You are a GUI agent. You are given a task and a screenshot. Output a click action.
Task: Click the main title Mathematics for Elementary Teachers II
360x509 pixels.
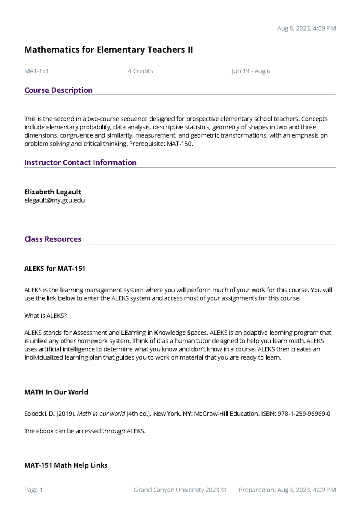[x=108, y=50]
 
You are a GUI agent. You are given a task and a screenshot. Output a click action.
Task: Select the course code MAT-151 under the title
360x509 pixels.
[x=36, y=71]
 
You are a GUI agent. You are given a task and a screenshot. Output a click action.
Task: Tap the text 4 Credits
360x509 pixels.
[x=140, y=71]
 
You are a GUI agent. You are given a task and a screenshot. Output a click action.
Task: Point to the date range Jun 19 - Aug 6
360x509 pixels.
[x=251, y=71]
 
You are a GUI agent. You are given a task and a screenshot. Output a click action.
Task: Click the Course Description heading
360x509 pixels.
[x=58, y=90]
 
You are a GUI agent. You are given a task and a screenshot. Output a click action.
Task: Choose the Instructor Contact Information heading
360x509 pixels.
[x=80, y=163]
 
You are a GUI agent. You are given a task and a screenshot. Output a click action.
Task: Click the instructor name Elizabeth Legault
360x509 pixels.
[x=52, y=192]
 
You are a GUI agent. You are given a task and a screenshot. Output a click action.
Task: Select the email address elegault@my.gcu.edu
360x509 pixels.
[x=54, y=200]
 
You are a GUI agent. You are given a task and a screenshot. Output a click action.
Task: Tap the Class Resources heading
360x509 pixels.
[x=53, y=239]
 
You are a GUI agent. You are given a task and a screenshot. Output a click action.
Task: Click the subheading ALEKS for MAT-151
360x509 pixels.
[x=55, y=269]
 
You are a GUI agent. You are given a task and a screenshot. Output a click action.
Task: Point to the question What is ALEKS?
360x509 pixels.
[x=45, y=316]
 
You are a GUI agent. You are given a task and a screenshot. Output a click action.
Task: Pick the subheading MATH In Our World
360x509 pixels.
[x=56, y=392]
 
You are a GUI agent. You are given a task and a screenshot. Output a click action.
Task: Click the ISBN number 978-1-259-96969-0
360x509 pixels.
[x=304, y=414]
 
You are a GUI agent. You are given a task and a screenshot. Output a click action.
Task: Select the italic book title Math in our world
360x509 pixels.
[x=101, y=414]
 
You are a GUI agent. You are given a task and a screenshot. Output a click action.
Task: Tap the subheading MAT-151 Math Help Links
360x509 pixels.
[x=66, y=465]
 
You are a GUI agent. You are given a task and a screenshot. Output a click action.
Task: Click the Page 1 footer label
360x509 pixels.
[x=33, y=490]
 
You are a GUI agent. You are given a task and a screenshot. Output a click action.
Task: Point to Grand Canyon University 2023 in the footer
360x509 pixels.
[x=176, y=490]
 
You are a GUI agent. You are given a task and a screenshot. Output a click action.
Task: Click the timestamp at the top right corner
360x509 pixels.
[x=306, y=29]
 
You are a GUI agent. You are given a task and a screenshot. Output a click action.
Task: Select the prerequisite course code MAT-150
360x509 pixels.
[x=179, y=144]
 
